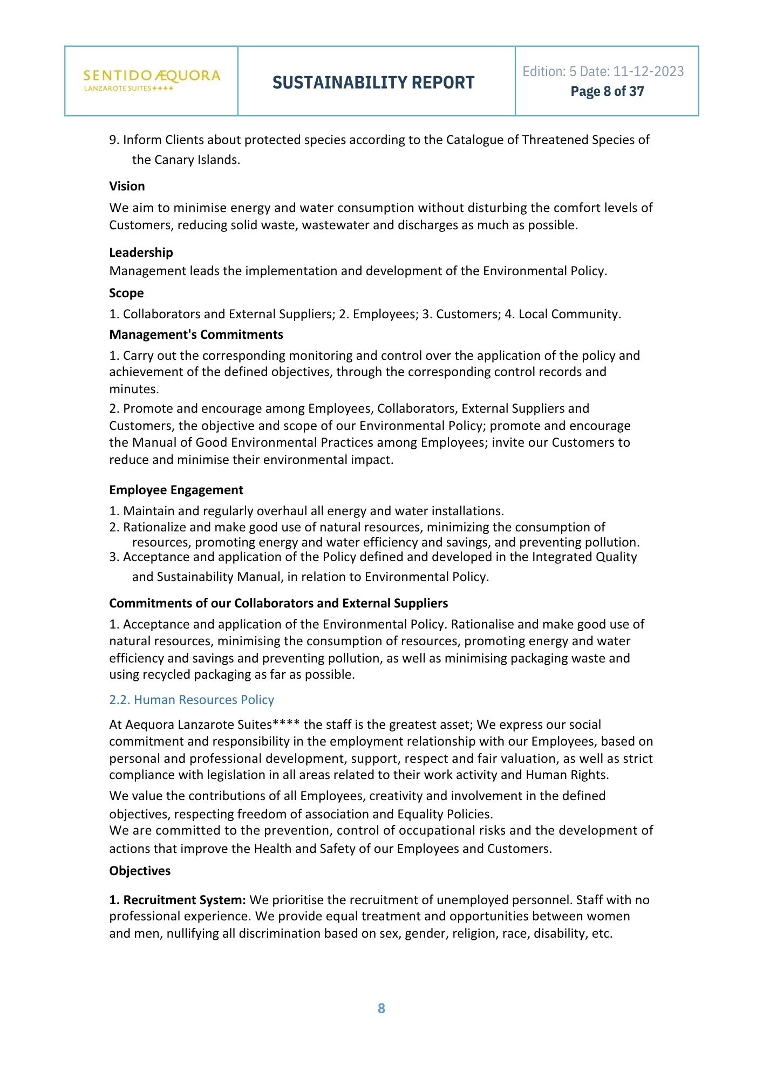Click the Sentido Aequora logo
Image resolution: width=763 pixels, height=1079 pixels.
pyautogui.click(x=152, y=80)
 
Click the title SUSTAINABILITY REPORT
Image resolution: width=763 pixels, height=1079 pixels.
pyautogui.click(x=373, y=83)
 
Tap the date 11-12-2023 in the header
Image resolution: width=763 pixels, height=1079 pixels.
pyautogui.click(x=649, y=71)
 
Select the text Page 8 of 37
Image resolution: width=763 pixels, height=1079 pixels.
pyautogui.click(x=607, y=91)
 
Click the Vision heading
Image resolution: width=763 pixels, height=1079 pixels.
pyautogui.click(x=127, y=186)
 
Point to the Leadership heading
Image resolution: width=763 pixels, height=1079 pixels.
pyautogui.click(x=141, y=252)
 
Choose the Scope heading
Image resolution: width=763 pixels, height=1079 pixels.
pyautogui.click(x=126, y=293)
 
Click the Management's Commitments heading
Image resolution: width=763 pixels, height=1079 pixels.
pyautogui.click(x=196, y=334)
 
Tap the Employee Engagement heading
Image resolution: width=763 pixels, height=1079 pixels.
pyautogui.click(x=176, y=490)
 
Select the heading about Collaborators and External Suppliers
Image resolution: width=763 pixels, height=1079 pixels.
pyautogui.click(x=278, y=603)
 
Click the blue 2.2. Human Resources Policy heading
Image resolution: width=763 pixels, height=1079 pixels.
pyautogui.click(x=192, y=700)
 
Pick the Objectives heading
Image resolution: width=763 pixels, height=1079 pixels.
pyautogui.click(x=140, y=871)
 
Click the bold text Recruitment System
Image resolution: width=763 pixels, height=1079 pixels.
pyautogui.click(x=184, y=900)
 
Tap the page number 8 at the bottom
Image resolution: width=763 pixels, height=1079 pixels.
pyautogui.click(x=381, y=1008)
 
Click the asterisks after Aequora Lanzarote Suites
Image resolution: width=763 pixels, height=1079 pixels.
pyautogui.click(x=286, y=724)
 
